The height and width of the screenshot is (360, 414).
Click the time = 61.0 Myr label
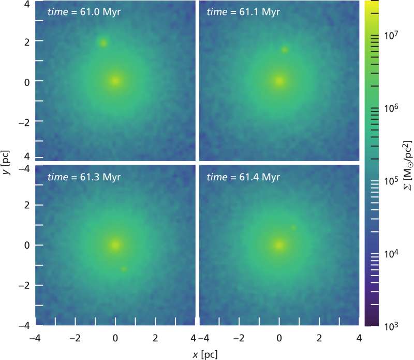[83, 11]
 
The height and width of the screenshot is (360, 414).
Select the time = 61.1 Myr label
[247, 11]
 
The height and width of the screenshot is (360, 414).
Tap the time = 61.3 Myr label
[83, 176]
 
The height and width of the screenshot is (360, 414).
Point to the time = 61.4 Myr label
[247, 176]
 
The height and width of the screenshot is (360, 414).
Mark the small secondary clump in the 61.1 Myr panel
[284, 50]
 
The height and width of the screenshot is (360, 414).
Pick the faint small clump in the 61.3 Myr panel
[124, 269]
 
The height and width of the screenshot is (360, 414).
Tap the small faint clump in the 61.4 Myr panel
[293, 228]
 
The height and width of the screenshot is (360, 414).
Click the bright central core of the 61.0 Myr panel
[115, 81]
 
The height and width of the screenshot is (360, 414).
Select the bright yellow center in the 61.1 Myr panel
[279, 81]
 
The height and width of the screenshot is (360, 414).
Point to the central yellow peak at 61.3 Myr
[115, 244]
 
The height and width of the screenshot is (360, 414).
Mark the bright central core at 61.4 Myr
[279, 244]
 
